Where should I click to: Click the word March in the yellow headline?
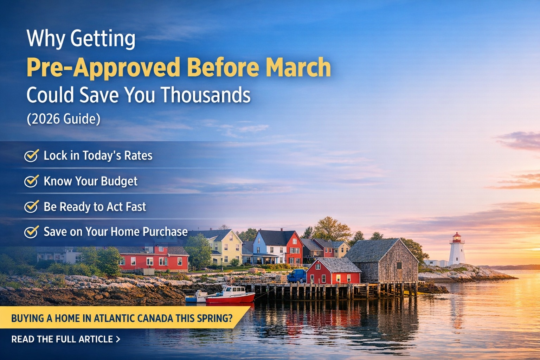pyautogui.click(x=298, y=67)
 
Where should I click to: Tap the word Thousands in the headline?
pyautogui.click(x=205, y=95)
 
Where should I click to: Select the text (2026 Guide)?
pyautogui.click(x=63, y=119)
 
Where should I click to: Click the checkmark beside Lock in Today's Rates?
pyautogui.click(x=31, y=155)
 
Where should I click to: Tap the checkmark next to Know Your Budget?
pyautogui.click(x=31, y=181)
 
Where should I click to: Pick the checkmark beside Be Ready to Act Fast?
pyautogui.click(x=31, y=207)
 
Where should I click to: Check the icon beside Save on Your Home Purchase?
pyautogui.click(x=31, y=232)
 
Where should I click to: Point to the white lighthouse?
pyautogui.click(x=457, y=251)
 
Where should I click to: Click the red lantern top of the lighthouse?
pyautogui.click(x=457, y=238)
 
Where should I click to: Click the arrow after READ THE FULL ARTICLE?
pyautogui.click(x=118, y=339)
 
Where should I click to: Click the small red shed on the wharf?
pyautogui.click(x=333, y=272)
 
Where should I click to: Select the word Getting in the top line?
pyautogui.click(x=103, y=39)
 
